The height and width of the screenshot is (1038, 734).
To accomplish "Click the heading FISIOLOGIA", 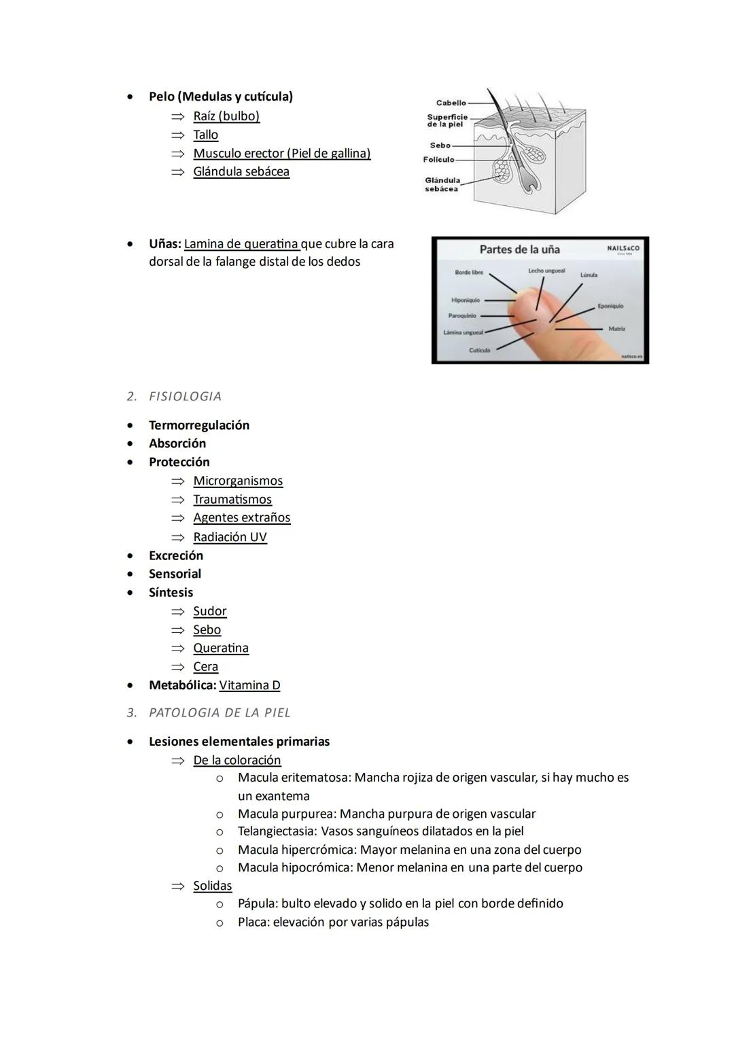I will pos(185,396).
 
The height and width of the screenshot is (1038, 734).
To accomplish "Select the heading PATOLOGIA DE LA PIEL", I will pos(220,712).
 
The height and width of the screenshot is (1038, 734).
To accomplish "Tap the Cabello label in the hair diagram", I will pos(451,103).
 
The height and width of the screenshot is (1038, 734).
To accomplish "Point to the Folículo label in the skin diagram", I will pos(438,160).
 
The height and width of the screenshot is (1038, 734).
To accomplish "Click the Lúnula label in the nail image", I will pos(589,275).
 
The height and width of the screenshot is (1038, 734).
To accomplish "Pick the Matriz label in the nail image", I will pos(617,329).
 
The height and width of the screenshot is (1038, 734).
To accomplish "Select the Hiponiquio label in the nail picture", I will pos(466,300).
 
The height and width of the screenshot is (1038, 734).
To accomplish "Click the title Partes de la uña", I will pos(519,249).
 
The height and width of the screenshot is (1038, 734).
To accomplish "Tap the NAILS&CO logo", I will pos(623,249).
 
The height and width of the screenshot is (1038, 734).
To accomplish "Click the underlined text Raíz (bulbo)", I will pos(226,116).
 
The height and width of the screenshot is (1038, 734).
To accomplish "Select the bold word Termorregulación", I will pos(199,426).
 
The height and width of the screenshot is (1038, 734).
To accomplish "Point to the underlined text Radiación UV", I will pos(230,537).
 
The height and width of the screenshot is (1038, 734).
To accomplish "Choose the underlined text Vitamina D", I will pos(249,685).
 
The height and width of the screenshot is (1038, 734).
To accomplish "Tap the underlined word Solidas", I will pos(212,886).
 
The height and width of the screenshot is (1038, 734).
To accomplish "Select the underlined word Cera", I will pos(205,667).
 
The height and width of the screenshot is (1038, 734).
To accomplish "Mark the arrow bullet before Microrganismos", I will pos(177,481).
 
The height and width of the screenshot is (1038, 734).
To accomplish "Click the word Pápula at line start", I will pos(257,903).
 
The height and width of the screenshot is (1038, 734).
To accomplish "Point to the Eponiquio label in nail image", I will pos(610,307).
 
